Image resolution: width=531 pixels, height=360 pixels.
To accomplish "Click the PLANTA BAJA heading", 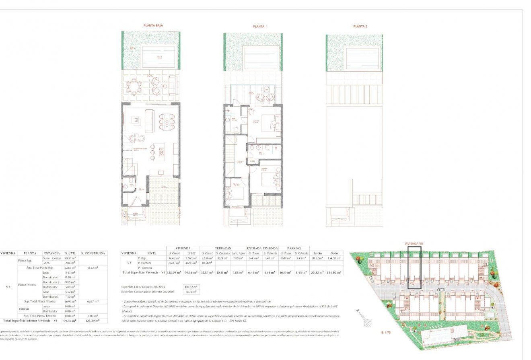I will (x=153, y=25).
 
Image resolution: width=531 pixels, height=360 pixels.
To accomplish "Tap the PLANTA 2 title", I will (x=360, y=26).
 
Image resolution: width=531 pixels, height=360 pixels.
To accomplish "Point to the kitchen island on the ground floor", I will (x=162, y=152).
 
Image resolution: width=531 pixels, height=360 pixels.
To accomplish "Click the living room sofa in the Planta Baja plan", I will (x=149, y=119).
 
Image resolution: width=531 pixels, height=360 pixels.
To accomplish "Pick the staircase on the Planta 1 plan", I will (x=230, y=155).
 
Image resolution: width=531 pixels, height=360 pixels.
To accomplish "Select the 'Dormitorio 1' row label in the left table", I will (x=52, y=278).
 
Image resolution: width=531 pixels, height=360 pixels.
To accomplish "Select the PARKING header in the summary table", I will (x=294, y=248).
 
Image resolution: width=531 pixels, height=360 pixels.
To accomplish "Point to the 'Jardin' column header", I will (x=317, y=253).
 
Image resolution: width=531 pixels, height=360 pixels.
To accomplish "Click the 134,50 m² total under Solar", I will (x=335, y=273).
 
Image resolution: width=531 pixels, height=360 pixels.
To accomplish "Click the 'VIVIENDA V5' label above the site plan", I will (x=414, y=244).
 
